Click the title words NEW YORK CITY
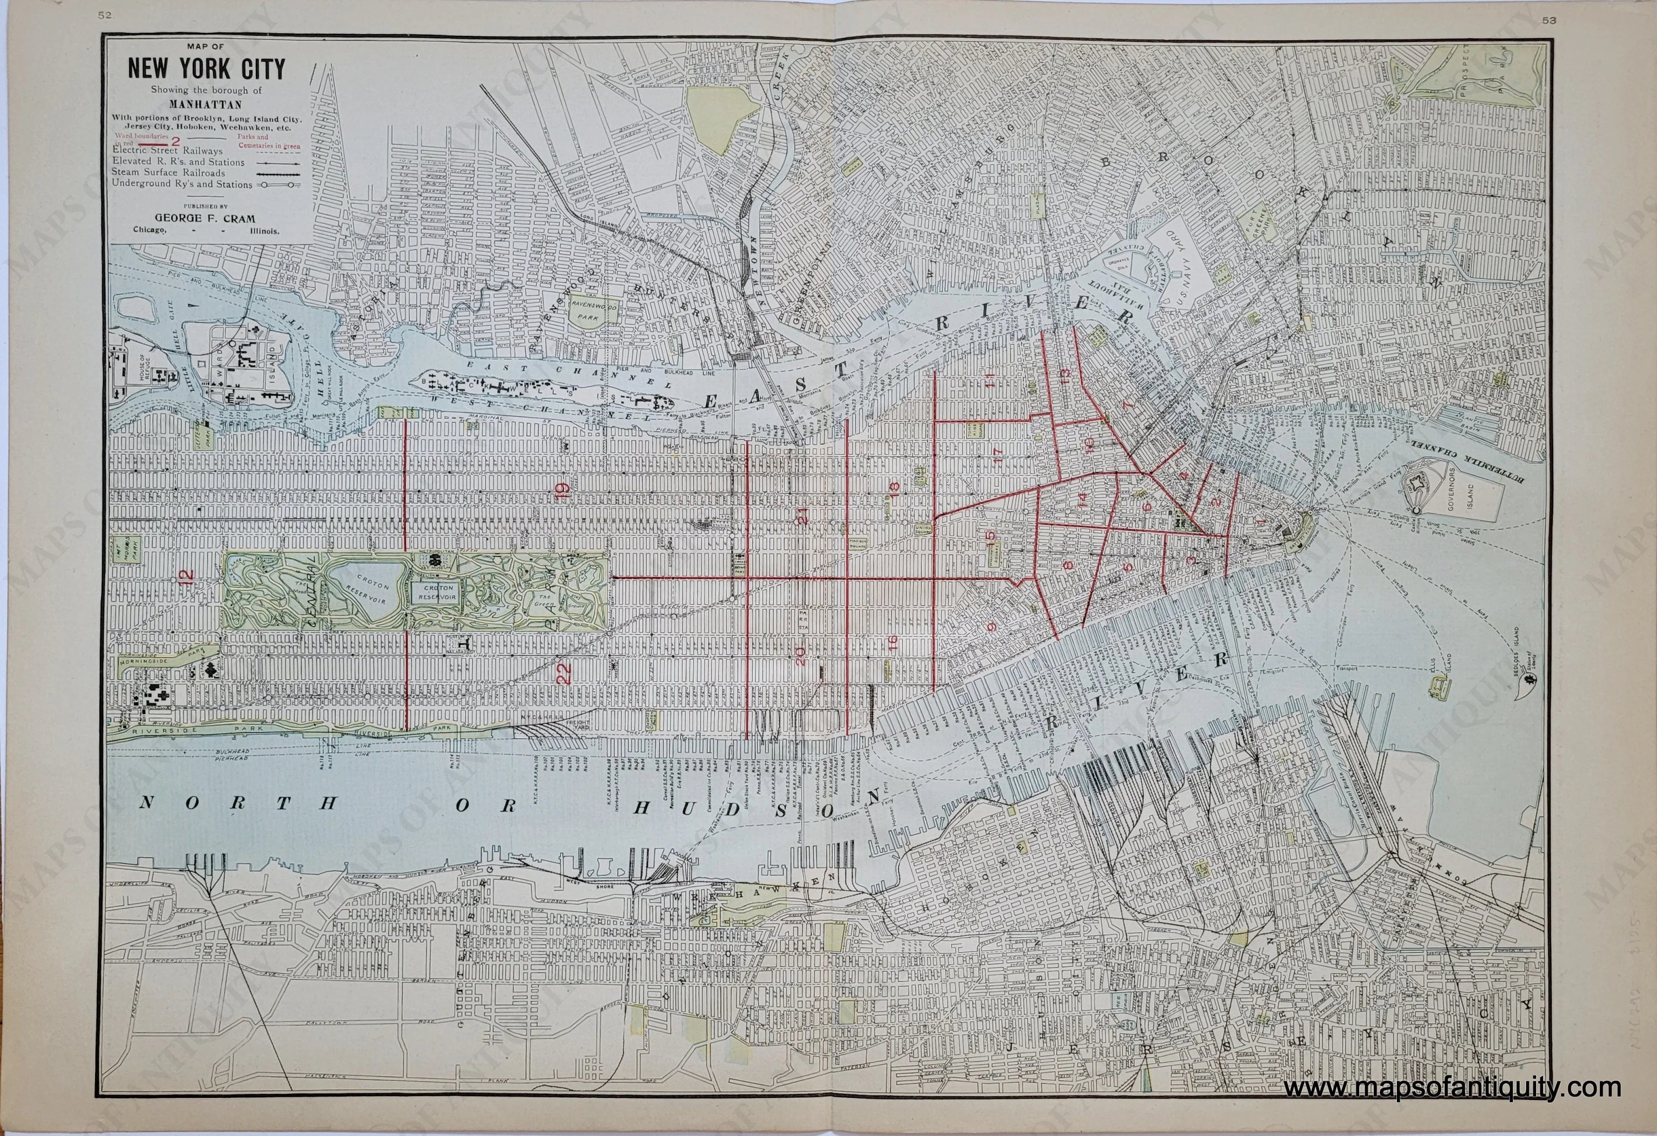pos(206,69)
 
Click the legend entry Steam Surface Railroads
pos(168,172)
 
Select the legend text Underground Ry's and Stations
pos(182,184)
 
